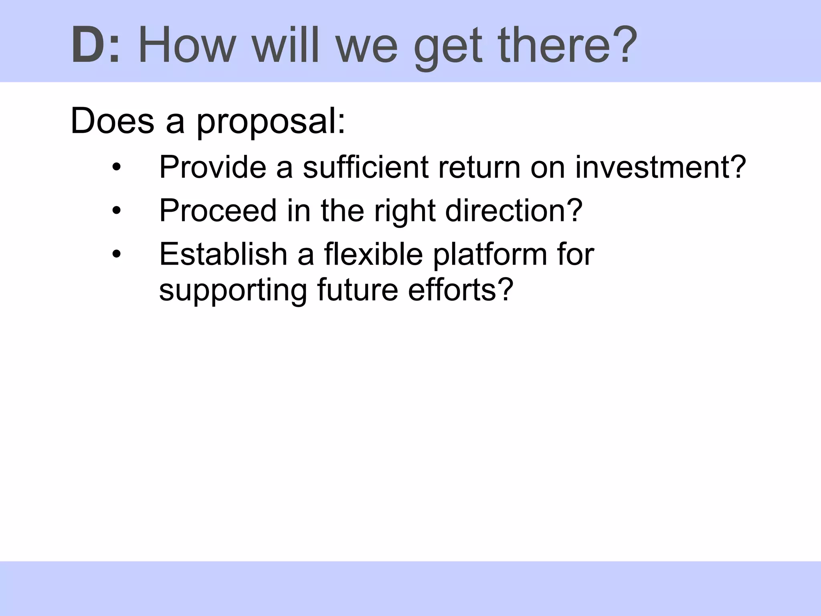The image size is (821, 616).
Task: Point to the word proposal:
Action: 271,122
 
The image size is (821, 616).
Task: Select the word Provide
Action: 212,167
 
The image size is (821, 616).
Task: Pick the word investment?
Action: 661,167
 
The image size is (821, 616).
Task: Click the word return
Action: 479,168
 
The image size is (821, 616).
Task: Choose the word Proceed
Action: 218,210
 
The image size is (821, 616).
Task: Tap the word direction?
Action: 514,210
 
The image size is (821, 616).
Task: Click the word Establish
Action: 223,254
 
